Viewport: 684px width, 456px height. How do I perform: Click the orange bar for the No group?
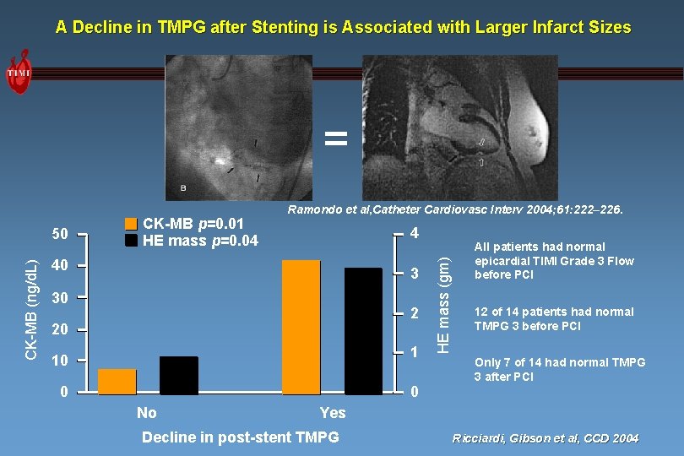117,381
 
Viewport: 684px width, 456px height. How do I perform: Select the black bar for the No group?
178,375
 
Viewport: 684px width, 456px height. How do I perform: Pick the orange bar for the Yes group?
301,327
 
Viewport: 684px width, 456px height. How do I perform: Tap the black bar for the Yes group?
363,330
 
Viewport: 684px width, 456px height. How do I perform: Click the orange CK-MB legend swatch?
131,225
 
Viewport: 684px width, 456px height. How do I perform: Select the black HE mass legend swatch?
131,241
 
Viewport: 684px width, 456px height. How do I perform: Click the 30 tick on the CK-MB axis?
59,297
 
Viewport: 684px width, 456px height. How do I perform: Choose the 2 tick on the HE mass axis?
414,313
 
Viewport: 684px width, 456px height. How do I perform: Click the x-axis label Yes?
332,413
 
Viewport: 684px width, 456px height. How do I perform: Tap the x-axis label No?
146,413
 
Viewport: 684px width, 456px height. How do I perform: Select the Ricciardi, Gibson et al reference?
546,438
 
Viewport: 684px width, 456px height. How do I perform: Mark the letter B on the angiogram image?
184,187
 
